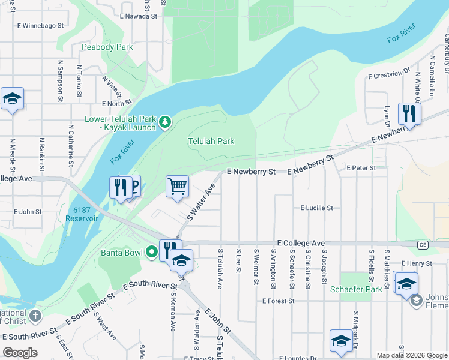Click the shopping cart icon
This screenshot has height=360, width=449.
(177, 187)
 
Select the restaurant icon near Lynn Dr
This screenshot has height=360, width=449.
(409, 113)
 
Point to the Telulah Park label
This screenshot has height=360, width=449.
(211, 142)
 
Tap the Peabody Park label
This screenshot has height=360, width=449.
(107, 47)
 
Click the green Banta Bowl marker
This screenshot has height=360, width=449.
(152, 253)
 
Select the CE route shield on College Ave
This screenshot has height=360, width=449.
(423, 245)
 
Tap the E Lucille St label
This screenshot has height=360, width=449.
(316, 208)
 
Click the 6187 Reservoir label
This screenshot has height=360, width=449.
(85, 214)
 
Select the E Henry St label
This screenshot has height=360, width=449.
(417, 263)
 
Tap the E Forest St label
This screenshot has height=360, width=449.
(279, 301)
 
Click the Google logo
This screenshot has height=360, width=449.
(20, 353)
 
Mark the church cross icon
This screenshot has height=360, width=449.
(35, 316)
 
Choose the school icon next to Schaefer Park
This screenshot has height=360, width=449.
(406, 283)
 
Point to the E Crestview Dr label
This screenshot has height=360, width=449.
(388, 76)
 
